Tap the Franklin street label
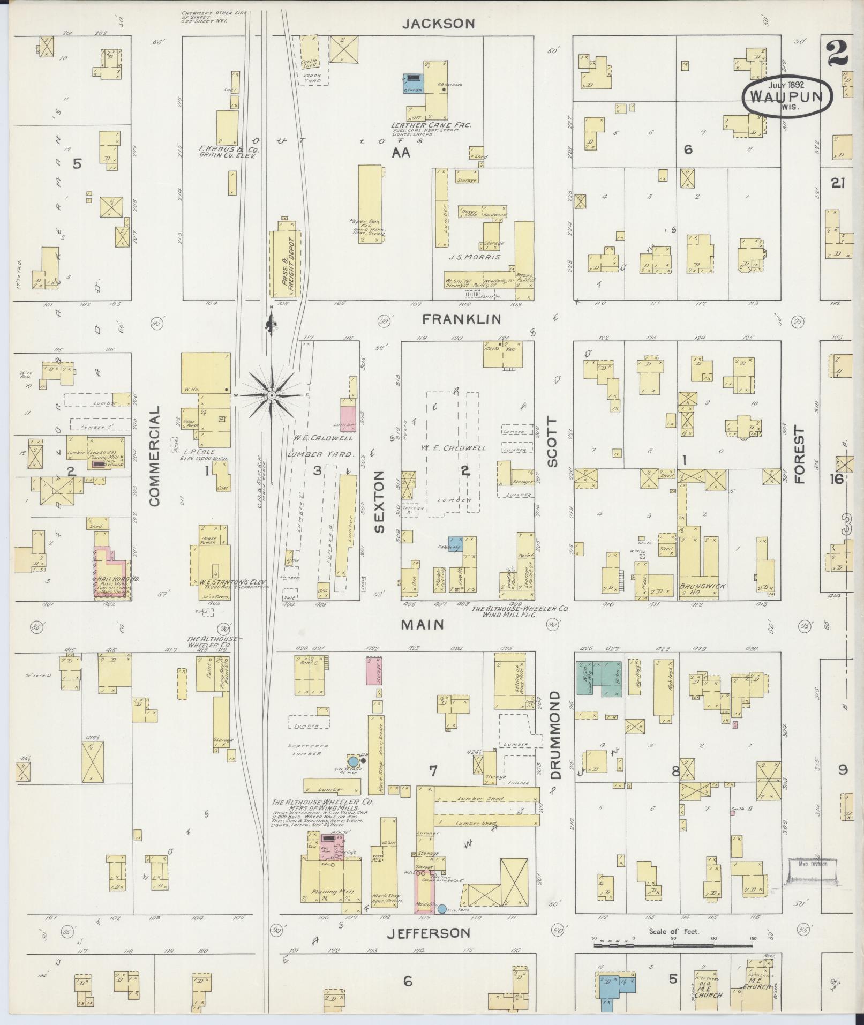tap(461, 319)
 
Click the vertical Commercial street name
tap(155, 455)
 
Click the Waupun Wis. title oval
tap(787, 97)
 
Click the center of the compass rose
tap(272, 395)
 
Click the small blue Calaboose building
tap(456, 542)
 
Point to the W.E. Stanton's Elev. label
tap(226, 581)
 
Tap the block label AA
tap(401, 153)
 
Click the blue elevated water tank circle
tap(353, 761)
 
